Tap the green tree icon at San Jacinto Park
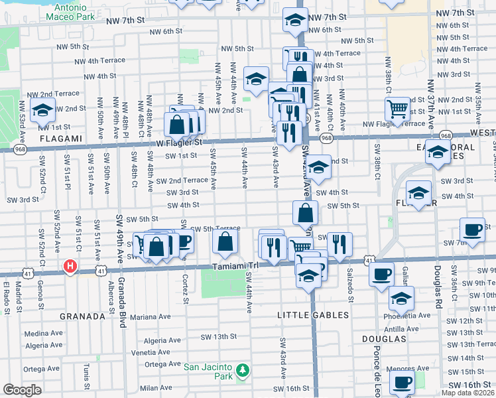click(243, 369)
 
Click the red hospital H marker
click(69, 267)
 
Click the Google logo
click(23, 390)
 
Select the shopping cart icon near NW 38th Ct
click(398, 107)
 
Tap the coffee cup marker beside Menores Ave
click(402, 383)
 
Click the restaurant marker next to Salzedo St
click(339, 243)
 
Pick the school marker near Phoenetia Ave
click(401, 297)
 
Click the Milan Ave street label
click(156, 388)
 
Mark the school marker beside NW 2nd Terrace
click(42, 109)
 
